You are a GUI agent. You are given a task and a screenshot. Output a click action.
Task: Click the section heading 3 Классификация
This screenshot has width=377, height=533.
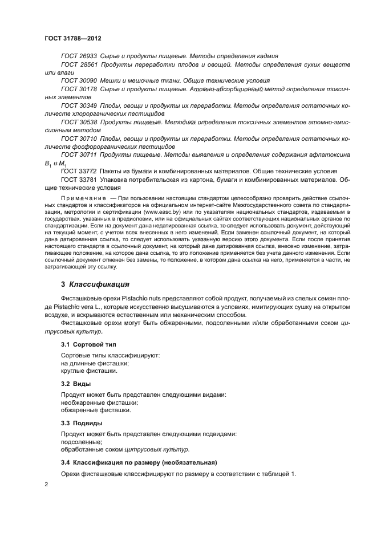(95, 283)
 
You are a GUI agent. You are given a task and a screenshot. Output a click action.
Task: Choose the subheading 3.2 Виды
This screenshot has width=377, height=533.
(76, 384)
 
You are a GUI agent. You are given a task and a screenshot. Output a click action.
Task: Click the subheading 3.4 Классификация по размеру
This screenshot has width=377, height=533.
(139, 462)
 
